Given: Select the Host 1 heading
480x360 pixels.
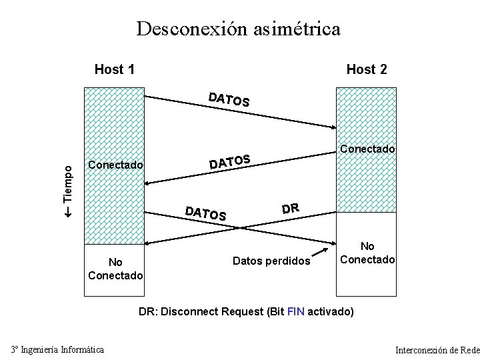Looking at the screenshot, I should tap(115, 69).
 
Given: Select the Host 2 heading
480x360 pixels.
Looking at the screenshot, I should tap(367, 69).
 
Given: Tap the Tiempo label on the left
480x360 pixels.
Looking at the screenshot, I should tap(68, 181).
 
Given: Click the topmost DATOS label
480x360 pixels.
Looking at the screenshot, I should tap(229, 100).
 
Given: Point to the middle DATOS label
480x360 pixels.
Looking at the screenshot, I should tap(230, 161).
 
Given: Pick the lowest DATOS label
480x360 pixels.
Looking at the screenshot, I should tap(206, 213).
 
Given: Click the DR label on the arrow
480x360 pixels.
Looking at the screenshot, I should tap(290, 208).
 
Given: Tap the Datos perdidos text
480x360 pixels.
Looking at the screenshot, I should tap(271, 261).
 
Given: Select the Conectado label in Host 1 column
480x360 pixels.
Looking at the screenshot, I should tap(115, 165).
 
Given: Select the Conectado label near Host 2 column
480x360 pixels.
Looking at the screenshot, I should tap(367, 149).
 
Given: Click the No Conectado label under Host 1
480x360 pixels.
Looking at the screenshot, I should tap(115, 269).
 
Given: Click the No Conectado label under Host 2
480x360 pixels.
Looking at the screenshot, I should tap(367, 253).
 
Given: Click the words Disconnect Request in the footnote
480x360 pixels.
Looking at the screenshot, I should tap(212, 311).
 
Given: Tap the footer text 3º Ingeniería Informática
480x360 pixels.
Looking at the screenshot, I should tap(57, 349).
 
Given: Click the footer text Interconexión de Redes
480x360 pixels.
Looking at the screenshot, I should tap(437, 350).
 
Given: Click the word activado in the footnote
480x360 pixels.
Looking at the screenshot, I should tap(330, 311).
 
